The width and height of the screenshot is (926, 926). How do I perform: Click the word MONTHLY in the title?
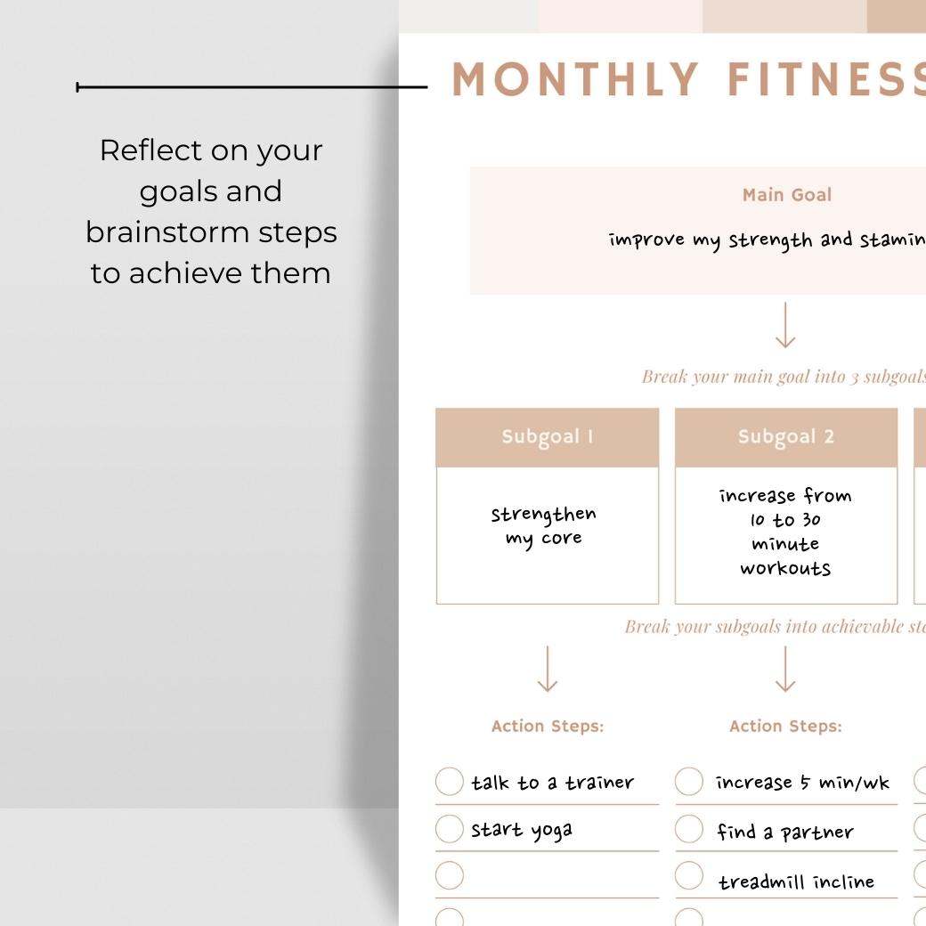click(575, 80)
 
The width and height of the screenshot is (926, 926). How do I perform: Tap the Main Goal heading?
click(787, 195)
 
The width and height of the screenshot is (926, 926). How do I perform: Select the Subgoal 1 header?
click(547, 437)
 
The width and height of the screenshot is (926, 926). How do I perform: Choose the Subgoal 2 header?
click(785, 437)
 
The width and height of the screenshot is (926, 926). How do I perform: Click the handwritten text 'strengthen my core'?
click(543, 526)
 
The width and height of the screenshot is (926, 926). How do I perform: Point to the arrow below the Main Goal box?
click(785, 326)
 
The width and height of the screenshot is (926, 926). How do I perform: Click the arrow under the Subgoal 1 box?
click(548, 669)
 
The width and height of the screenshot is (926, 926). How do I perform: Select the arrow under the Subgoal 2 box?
click(785, 669)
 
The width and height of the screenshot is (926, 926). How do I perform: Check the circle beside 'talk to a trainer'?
click(450, 782)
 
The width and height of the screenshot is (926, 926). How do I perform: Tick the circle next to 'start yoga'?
click(450, 829)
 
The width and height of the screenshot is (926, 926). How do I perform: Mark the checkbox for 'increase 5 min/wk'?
click(688, 782)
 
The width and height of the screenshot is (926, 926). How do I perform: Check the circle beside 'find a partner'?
click(688, 829)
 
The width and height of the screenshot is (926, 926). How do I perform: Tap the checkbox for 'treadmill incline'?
click(688, 876)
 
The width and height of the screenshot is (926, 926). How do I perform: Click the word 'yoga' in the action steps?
click(551, 832)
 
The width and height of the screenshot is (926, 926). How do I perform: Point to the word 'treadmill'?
click(757, 882)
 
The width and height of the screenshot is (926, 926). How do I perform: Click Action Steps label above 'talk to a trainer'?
click(547, 727)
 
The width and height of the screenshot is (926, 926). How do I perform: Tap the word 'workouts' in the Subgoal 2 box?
click(784, 568)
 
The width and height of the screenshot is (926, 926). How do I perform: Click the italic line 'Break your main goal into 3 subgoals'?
click(784, 377)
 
